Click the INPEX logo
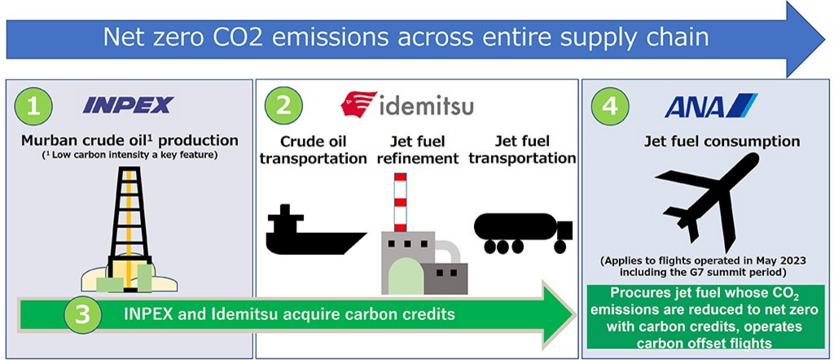click(128, 105)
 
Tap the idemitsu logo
click(407, 104)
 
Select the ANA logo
click(711, 105)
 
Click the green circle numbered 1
click(33, 107)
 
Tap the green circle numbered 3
click(83, 314)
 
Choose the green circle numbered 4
click(609, 107)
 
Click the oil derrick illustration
click(129, 229)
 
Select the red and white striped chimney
click(400, 202)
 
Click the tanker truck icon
click(524, 233)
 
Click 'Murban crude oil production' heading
click(129, 141)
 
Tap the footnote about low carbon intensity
click(130, 155)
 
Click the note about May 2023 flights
click(706, 267)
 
